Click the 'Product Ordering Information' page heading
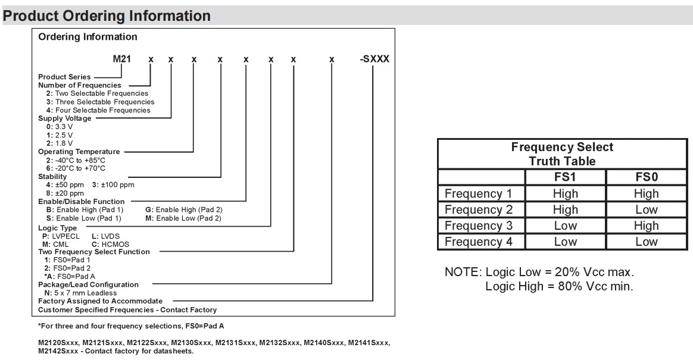point(107,16)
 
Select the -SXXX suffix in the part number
point(375,60)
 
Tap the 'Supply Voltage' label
point(65,118)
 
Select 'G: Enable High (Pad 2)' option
point(183,210)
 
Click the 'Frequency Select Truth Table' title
point(562,154)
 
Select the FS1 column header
point(565,177)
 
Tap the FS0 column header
point(646,177)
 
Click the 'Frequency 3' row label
point(478,226)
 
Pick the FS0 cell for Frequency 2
point(646,210)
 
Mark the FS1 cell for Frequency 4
point(565,242)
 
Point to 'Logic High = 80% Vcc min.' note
point(559,286)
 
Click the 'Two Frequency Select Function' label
point(94,252)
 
